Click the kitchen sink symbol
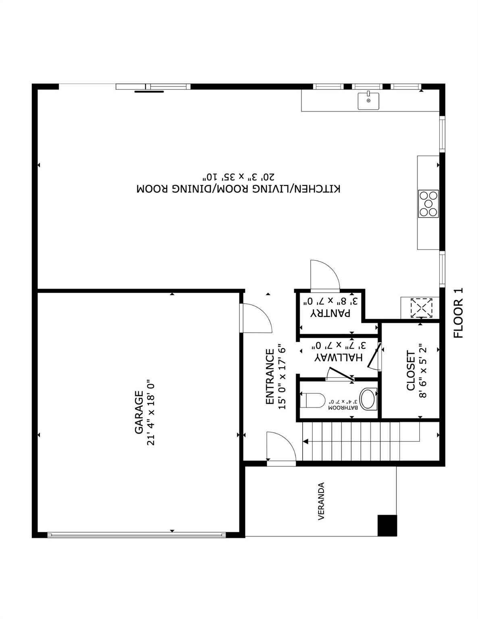coord(368,101)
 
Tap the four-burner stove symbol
coord(428,204)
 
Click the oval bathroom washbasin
coord(367,399)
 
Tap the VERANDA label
coord(321,501)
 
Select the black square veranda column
coord(387,525)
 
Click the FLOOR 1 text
coord(459,313)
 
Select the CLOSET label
coord(411,370)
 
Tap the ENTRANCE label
coord(270,376)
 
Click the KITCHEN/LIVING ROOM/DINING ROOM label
coord(239,189)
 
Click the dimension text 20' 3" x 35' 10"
coord(239,177)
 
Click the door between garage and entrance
coord(256,318)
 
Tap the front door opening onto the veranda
coord(281,447)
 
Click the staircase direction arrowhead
coord(306,441)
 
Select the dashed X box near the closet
coord(421,308)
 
